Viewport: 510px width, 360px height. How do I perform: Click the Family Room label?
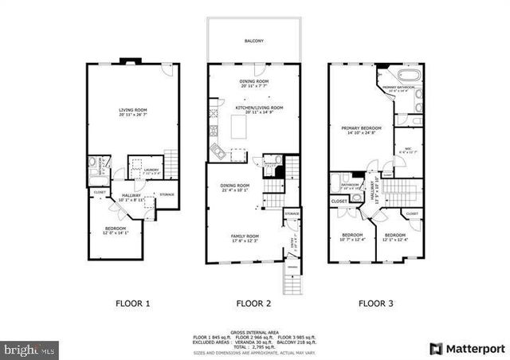click(245, 237)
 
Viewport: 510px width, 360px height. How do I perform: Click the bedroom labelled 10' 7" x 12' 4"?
click(352, 237)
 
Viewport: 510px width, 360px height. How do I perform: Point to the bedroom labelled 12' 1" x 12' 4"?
click(395, 237)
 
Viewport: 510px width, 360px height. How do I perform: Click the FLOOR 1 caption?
click(132, 303)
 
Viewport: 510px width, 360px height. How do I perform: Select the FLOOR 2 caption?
click(255, 303)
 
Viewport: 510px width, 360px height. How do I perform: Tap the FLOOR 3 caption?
click(375, 303)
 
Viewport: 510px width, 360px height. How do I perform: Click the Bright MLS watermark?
click(30, 349)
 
